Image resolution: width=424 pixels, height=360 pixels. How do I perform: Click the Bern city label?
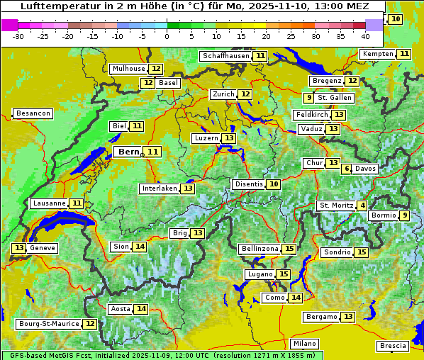tap(128, 152)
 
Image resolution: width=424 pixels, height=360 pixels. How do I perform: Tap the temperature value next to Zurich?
tap(245, 94)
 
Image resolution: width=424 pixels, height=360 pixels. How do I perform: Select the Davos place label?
tap(365, 169)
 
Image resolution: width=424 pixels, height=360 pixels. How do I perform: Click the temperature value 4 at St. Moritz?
tap(363, 206)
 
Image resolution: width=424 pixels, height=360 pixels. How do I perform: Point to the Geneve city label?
tap(42, 248)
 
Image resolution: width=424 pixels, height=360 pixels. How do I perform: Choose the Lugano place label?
tap(260, 274)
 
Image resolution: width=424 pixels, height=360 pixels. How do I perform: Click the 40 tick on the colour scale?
tap(365, 35)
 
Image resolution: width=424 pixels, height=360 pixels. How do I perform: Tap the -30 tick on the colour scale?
tap(18, 35)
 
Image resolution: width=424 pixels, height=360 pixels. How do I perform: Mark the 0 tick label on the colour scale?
tap(167, 35)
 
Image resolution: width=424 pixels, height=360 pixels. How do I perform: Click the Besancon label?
tap(33, 113)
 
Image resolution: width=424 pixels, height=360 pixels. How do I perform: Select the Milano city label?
tap(306, 343)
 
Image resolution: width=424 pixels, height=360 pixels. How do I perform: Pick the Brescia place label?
tap(393, 346)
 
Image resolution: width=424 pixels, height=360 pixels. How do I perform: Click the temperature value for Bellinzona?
tap(289, 249)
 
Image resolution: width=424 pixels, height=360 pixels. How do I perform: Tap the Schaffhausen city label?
tap(225, 56)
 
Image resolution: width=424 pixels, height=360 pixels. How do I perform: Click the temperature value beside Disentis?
tap(274, 184)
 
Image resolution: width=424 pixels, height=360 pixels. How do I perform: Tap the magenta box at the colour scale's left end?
tap(9, 25)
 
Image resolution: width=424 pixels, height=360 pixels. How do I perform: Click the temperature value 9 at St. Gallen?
tap(308, 98)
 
